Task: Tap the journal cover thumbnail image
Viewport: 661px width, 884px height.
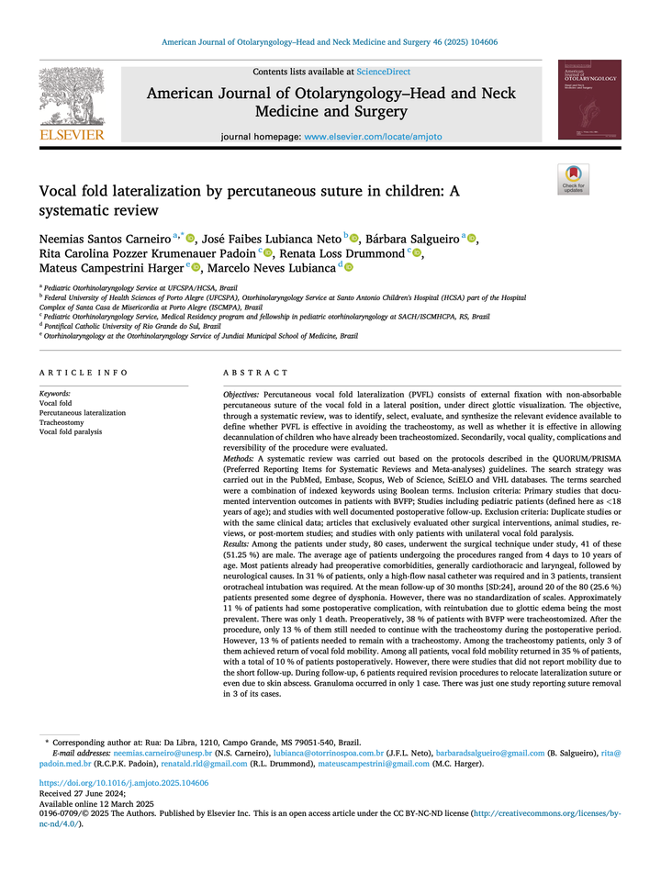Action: (589, 100)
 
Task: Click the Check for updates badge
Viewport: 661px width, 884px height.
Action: (574, 179)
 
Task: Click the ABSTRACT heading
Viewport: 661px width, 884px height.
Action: (256, 373)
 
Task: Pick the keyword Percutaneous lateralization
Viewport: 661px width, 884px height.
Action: (83, 413)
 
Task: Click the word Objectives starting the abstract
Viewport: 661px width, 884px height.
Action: (241, 393)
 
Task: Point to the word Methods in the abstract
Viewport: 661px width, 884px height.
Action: (238, 457)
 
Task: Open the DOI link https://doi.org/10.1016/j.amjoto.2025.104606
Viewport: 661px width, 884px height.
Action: (123, 783)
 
